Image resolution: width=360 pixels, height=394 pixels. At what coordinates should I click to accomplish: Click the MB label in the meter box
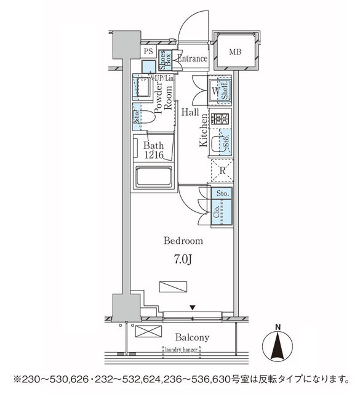tap(236, 52)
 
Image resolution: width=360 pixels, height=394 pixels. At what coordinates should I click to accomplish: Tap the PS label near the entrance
tap(148, 52)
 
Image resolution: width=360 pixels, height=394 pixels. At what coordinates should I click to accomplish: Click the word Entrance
tap(192, 58)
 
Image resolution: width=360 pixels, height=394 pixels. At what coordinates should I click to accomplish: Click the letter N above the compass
tap(278, 326)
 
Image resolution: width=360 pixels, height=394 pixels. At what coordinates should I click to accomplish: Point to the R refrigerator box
tap(222, 170)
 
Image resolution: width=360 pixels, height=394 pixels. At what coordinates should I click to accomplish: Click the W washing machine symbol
tap(216, 91)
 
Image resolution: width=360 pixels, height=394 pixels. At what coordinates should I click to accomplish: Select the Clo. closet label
tap(216, 214)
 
